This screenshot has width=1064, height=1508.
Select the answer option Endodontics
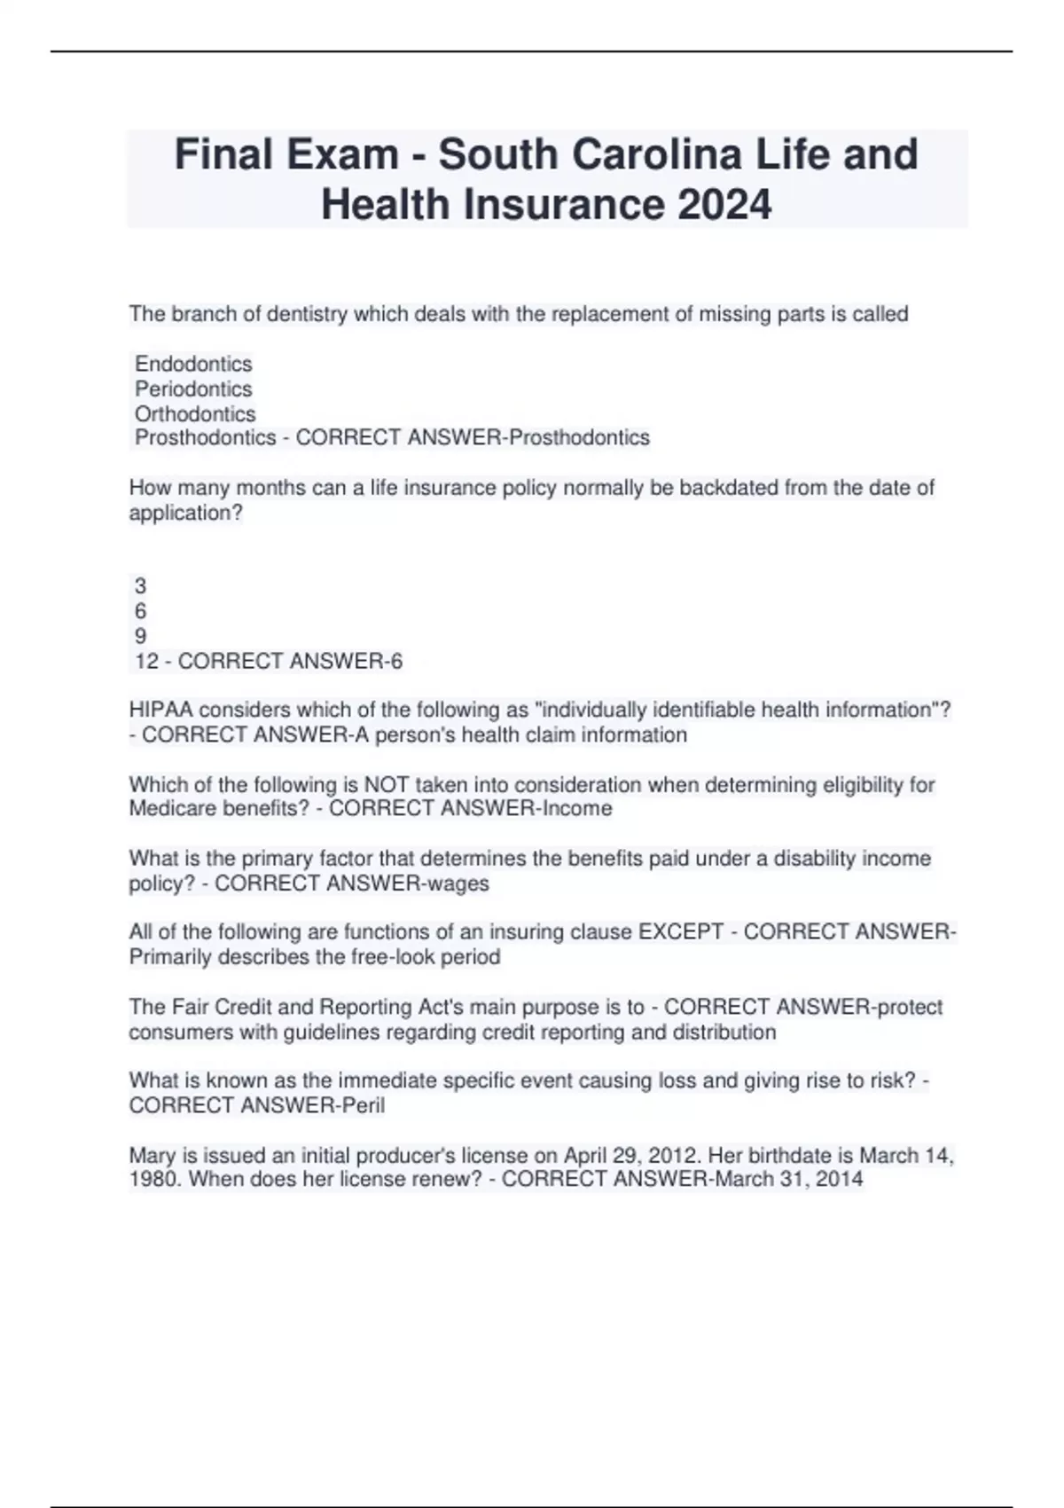193,364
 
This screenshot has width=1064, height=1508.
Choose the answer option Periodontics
193,389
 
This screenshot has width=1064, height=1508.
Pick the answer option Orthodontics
195,413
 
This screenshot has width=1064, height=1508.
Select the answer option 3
140,585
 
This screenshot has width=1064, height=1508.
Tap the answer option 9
140,636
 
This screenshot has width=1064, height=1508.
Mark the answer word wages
458,883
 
